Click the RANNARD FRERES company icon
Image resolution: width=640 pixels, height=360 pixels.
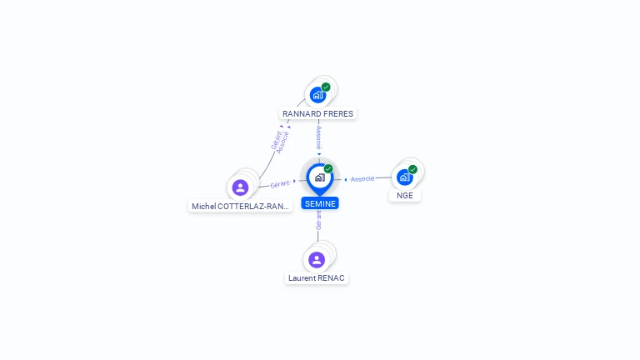(317, 96)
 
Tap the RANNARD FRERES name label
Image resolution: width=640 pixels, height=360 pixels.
(318, 114)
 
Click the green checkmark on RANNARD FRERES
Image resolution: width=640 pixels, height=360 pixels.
(326, 87)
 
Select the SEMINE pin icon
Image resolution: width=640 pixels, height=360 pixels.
(320, 179)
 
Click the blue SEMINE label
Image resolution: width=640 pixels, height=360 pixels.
(320, 203)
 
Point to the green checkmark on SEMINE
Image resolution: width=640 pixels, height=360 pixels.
(328, 168)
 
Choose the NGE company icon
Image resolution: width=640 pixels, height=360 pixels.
(404, 177)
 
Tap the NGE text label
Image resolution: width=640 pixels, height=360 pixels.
(405, 196)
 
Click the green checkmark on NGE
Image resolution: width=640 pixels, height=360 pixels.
(412, 169)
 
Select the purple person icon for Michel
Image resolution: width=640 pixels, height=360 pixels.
(240, 187)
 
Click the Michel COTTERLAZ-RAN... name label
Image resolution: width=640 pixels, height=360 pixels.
(240, 206)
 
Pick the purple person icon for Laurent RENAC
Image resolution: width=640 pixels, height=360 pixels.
(317, 260)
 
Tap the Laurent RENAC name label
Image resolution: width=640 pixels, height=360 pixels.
(317, 278)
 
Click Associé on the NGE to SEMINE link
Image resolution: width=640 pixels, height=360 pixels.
(362, 179)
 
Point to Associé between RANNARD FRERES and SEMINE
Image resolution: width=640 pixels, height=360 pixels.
(319, 137)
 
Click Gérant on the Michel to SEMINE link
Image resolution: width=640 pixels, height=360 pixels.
(280, 184)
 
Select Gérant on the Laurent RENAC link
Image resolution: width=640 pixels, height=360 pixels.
(318, 220)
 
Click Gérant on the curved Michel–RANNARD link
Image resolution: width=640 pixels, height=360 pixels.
(276, 140)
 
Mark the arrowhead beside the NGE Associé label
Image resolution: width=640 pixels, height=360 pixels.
(346, 180)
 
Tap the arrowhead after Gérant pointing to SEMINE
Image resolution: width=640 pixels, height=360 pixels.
(294, 181)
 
